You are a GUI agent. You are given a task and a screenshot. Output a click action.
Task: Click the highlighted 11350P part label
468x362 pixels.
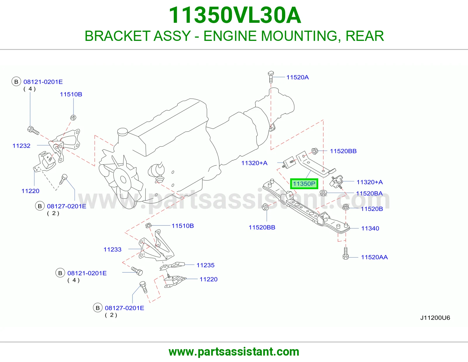coord(304,184)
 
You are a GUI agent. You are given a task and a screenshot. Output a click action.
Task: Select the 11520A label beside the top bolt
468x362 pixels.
coord(297,77)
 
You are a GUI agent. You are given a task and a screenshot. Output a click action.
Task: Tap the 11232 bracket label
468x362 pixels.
coord(21,146)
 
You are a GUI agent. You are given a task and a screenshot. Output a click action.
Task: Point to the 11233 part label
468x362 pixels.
coord(112,249)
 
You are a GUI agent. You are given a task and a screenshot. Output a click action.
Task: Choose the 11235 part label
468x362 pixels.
coord(205,265)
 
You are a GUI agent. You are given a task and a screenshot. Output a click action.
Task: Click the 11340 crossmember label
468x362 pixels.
coord(370,228)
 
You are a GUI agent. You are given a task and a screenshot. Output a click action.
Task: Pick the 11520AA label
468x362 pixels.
coord(374,257)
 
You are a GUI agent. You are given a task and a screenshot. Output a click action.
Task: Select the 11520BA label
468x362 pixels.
coord(369,194)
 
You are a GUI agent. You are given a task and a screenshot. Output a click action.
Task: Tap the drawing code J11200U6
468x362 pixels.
coord(435,318)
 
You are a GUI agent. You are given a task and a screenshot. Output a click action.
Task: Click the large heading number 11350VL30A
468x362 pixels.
coord(235,15)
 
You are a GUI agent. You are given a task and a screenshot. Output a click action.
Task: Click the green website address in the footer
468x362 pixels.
coord(234,352)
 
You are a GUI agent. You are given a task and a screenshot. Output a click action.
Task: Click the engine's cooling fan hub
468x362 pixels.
coord(123,180)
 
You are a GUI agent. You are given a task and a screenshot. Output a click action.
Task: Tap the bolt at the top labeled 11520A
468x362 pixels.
coord(271,77)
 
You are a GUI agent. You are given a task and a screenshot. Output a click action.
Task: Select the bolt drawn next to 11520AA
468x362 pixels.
coord(345,253)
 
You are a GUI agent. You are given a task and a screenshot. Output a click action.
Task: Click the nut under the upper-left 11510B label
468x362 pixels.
coord(73,117)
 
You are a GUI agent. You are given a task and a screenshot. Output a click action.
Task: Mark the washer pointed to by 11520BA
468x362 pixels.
coord(323,193)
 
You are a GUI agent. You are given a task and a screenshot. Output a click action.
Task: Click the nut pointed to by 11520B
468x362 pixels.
coord(345,207)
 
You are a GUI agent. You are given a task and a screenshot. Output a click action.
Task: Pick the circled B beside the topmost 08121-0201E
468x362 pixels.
coord(16,82)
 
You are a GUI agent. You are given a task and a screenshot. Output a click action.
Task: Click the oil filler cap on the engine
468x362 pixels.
coord(123,132)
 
